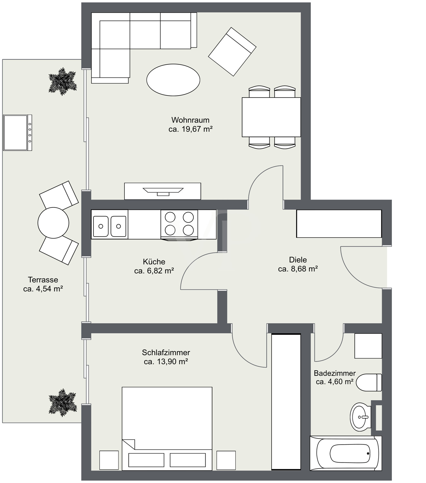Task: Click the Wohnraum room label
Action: pyautogui.click(x=190, y=120)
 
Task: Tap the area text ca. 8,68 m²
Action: pyautogui.click(x=298, y=269)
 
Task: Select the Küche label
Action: pyautogui.click(x=154, y=261)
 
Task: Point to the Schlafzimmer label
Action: pyautogui.click(x=166, y=352)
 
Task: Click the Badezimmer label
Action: pyautogui.click(x=334, y=373)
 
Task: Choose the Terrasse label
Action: pyautogui.click(x=43, y=279)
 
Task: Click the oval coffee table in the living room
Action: pyautogui.click(x=173, y=80)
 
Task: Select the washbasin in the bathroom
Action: pyautogui.click(x=360, y=417)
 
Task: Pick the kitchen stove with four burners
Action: pyautogui.click(x=179, y=225)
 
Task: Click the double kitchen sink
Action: pyautogui.click(x=110, y=224)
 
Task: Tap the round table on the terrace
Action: pyautogui.click(x=53, y=223)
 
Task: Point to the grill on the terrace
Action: pyautogui.click(x=18, y=133)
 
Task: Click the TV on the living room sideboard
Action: pyautogui.click(x=163, y=192)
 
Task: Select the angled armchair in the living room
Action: pyautogui.click(x=232, y=52)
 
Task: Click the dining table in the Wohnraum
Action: pyautogui.click(x=271, y=117)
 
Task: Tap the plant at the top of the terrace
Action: pyautogui.click(x=63, y=81)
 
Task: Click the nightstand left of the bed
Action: pyautogui.click(x=109, y=460)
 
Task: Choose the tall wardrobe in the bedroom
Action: pyautogui.click(x=286, y=402)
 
